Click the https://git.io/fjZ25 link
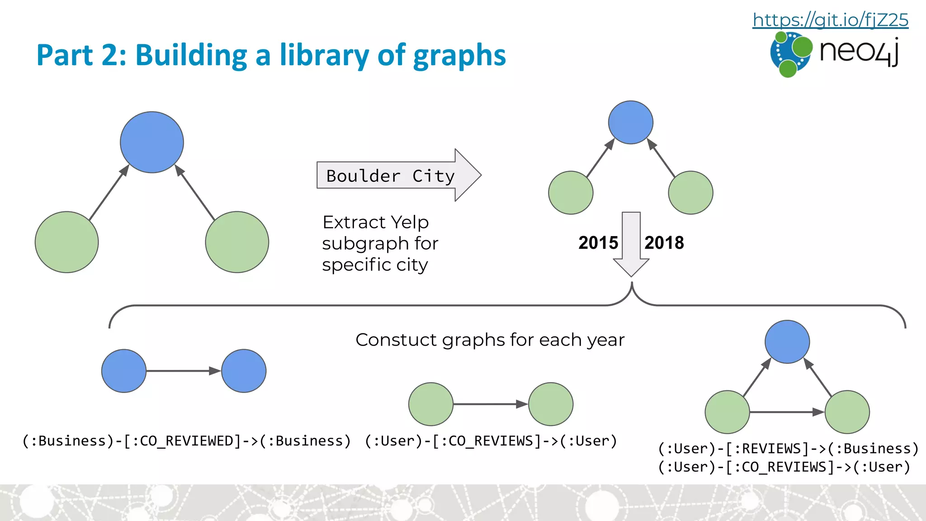tap(830, 20)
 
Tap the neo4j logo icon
tap(790, 54)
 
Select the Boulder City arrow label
tap(390, 175)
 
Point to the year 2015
tap(598, 243)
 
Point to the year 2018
tap(664, 243)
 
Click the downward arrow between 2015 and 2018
tap(631, 244)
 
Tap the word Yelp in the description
tap(410, 223)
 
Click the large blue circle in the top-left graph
tap(152, 142)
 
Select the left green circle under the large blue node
tap(67, 242)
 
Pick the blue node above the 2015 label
tap(630, 123)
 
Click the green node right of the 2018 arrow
tap(690, 193)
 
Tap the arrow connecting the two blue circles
tap(183, 371)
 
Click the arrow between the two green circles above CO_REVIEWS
tap(490, 404)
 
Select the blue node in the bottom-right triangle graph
tap(787, 342)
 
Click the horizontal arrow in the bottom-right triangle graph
tap(787, 412)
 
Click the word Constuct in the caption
tap(396, 340)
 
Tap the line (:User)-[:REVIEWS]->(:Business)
tap(788, 449)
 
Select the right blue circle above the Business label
tap(244, 371)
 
